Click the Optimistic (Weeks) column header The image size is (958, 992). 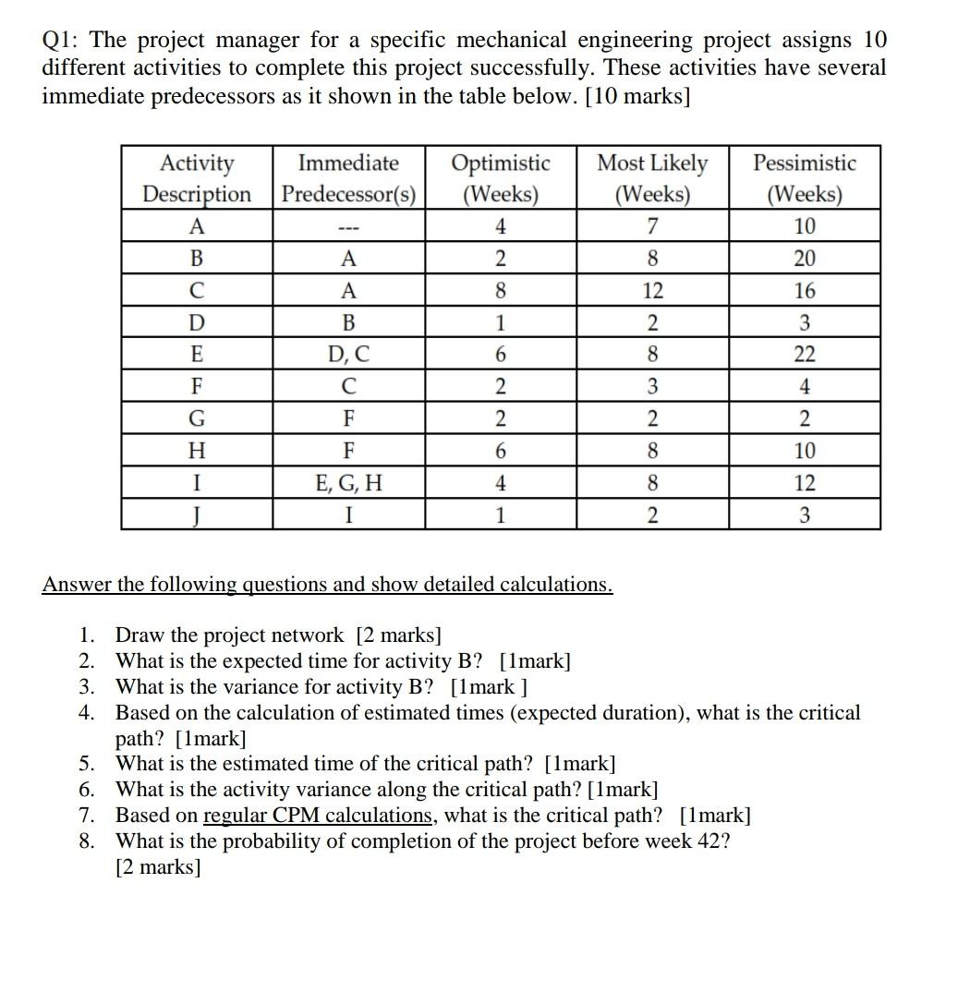(501, 178)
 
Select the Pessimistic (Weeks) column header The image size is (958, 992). (804, 178)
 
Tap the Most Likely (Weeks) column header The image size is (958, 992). (652, 178)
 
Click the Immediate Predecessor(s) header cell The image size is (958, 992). (349, 178)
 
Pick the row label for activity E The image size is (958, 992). (197, 355)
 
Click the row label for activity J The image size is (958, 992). (197, 514)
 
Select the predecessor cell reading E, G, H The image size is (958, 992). (348, 482)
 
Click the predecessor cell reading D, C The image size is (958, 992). (348, 355)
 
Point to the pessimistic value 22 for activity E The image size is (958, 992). (804, 355)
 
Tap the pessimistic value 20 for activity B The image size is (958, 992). (804, 259)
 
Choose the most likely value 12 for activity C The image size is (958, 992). (652, 291)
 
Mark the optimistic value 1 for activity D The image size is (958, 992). (500, 323)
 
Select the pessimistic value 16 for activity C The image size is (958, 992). (804, 291)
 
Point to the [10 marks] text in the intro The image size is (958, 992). (638, 96)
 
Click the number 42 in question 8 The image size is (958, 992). (709, 841)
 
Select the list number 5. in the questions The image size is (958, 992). (87, 764)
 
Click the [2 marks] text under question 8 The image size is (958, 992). (158, 867)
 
